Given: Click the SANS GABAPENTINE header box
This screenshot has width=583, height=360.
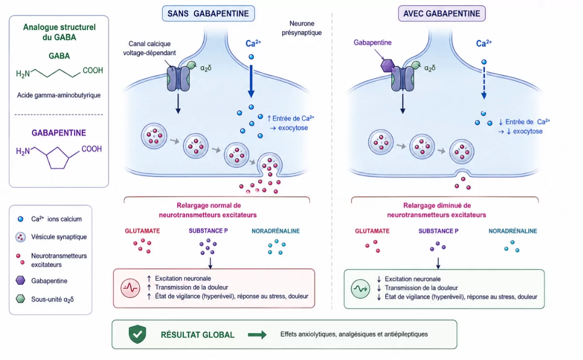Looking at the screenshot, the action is tap(208, 14).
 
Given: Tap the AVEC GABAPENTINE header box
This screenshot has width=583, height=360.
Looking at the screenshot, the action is tap(442, 14).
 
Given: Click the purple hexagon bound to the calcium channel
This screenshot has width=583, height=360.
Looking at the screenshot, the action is tap(387, 65).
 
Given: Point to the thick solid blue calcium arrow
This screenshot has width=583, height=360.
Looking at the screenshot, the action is tap(251, 82).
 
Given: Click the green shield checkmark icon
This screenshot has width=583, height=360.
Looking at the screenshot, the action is tap(138, 334).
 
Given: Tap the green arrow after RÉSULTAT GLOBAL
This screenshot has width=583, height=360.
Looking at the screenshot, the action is tap(257, 335).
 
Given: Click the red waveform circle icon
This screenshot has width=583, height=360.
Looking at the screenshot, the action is tap(130, 288).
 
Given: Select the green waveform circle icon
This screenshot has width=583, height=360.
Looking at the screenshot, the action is tap(360, 289).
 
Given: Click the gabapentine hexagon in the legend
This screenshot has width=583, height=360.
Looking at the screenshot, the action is tap(21, 281).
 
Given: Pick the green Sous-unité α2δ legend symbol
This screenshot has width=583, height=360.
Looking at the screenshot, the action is tap(21, 299).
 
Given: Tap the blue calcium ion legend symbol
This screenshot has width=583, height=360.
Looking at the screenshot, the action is tap(20, 219).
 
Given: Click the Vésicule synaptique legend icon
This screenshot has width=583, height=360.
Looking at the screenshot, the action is tap(21, 237).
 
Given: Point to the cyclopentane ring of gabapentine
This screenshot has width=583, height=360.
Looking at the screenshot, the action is tap(58, 158).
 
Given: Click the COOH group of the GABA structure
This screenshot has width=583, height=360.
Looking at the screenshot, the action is tap(93, 71).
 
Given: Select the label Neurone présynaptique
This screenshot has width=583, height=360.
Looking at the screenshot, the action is tap(302, 28).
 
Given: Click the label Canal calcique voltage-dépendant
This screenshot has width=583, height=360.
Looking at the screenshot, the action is tap(149, 48).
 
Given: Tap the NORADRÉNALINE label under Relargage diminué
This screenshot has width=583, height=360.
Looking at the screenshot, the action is tap(513, 231).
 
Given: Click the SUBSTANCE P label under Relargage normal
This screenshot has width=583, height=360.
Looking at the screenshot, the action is tap(208, 231).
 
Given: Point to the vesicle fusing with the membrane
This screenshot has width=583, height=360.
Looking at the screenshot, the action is tap(269, 164).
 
